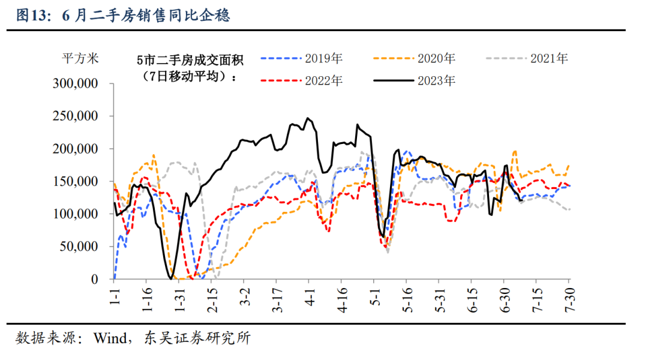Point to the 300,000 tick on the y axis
pyautogui.click(x=77, y=84)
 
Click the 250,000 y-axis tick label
pyautogui.click(x=77, y=116)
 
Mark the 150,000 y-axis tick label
pyautogui.click(x=77, y=181)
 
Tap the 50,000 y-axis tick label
pyautogui.click(x=80, y=247)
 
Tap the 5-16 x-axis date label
pyautogui.click(x=406, y=298)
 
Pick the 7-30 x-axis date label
pyautogui.click(x=568, y=298)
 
